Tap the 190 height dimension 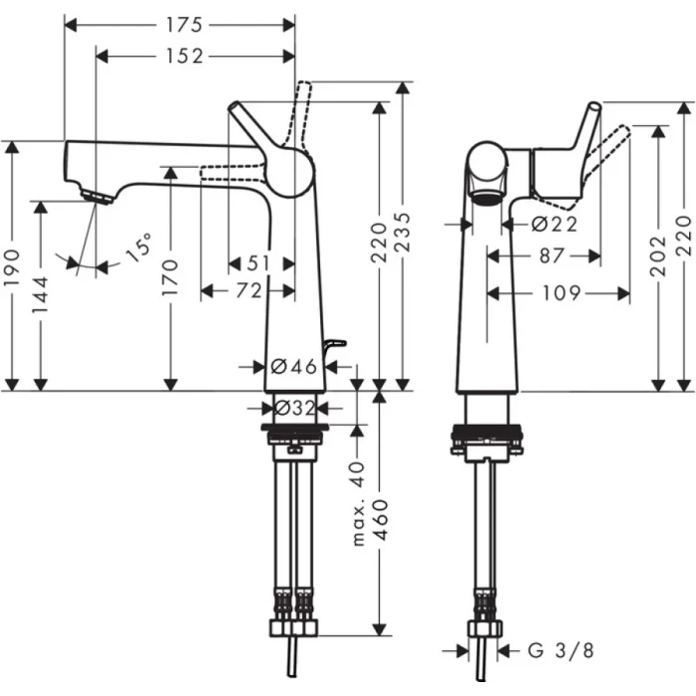coord(12,267)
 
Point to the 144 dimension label coord(41,294)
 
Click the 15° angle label coord(139,248)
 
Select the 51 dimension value coord(260,263)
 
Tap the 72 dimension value coord(250,290)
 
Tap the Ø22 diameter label coord(554,225)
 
